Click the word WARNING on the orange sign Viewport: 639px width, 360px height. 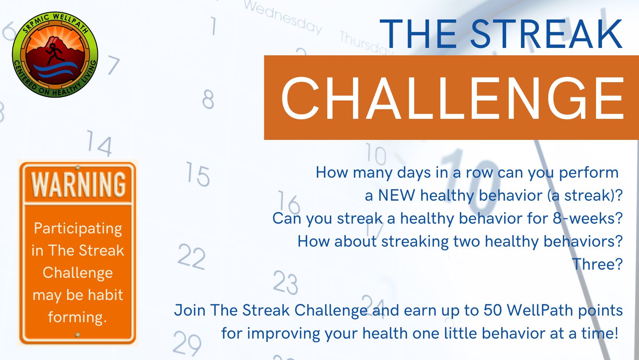click(x=78, y=185)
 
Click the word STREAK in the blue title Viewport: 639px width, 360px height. click(x=547, y=34)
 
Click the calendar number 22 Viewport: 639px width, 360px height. click(x=191, y=256)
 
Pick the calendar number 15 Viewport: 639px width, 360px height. click(x=198, y=174)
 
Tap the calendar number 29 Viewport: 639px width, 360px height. click(x=187, y=343)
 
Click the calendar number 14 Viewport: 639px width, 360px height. click(x=99, y=143)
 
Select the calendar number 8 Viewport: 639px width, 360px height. click(x=208, y=99)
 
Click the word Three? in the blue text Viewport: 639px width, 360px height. click(x=597, y=264)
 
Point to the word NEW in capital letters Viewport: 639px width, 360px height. click(x=397, y=196)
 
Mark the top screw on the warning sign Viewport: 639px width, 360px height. click(x=78, y=168)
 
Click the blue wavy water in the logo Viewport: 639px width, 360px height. click(x=56, y=70)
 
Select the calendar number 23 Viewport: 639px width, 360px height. click(x=285, y=282)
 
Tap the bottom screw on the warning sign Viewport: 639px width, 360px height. click(x=78, y=334)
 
